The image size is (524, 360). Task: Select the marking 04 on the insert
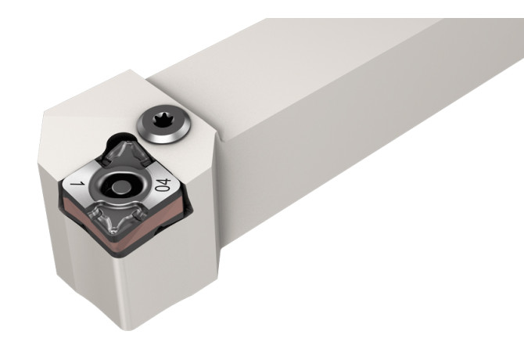[x=162, y=186]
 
